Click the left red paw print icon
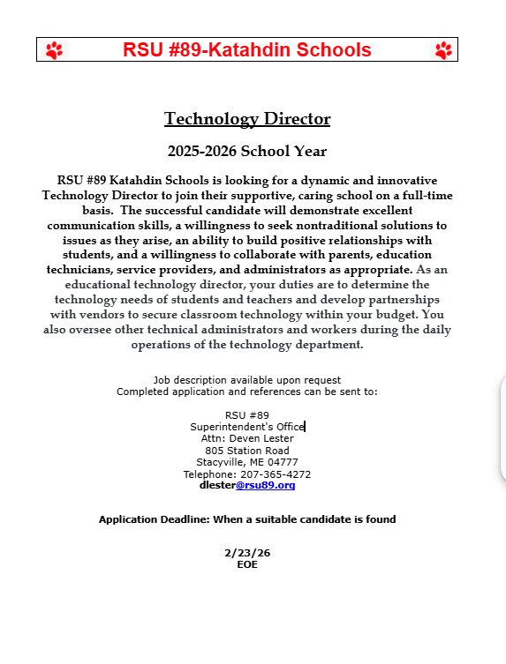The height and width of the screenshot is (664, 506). coord(54,50)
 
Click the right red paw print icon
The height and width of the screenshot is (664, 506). coord(443,50)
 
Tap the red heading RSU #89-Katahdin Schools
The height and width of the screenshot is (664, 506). coord(247,50)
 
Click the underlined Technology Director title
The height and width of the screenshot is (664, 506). coord(247,119)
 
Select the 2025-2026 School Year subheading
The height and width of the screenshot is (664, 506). coord(247,151)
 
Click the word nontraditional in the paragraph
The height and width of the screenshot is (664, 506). coord(339,225)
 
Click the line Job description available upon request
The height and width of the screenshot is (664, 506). coord(247,380)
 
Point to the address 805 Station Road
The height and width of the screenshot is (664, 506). coord(247,451)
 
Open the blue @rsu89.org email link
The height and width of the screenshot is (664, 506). coord(265,485)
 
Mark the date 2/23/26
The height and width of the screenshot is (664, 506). coord(247,553)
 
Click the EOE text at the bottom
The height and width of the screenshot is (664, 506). coord(247,564)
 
